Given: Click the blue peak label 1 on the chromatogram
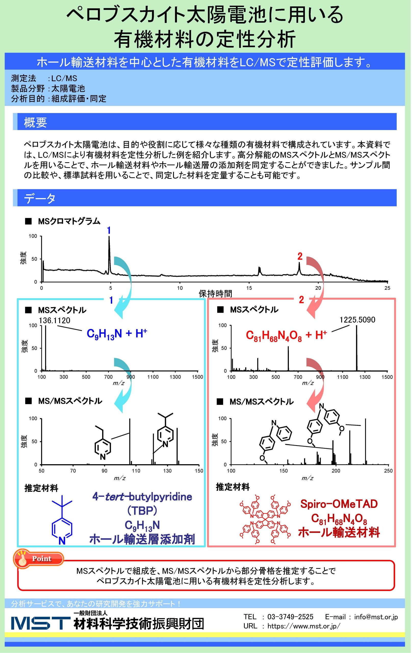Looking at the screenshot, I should click(109, 231).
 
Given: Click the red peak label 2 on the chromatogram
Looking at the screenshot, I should click(300, 256).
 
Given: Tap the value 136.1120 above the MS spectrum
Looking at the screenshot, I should click(55, 321).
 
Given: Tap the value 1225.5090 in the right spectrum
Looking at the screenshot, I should click(357, 320).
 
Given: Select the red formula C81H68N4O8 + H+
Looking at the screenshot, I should click(286, 336).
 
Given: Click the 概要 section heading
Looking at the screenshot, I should click(35, 123).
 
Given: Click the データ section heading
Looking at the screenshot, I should click(40, 198).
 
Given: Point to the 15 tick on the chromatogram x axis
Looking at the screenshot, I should click(249, 288).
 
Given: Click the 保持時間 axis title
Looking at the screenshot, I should click(215, 293).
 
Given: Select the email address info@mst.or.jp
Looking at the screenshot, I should click(376, 617).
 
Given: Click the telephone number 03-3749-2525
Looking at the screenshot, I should click(290, 617).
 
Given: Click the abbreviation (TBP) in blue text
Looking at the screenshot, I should click(142, 511).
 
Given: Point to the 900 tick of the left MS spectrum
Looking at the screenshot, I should click(131, 377).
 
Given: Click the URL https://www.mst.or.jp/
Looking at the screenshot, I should click(304, 626).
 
